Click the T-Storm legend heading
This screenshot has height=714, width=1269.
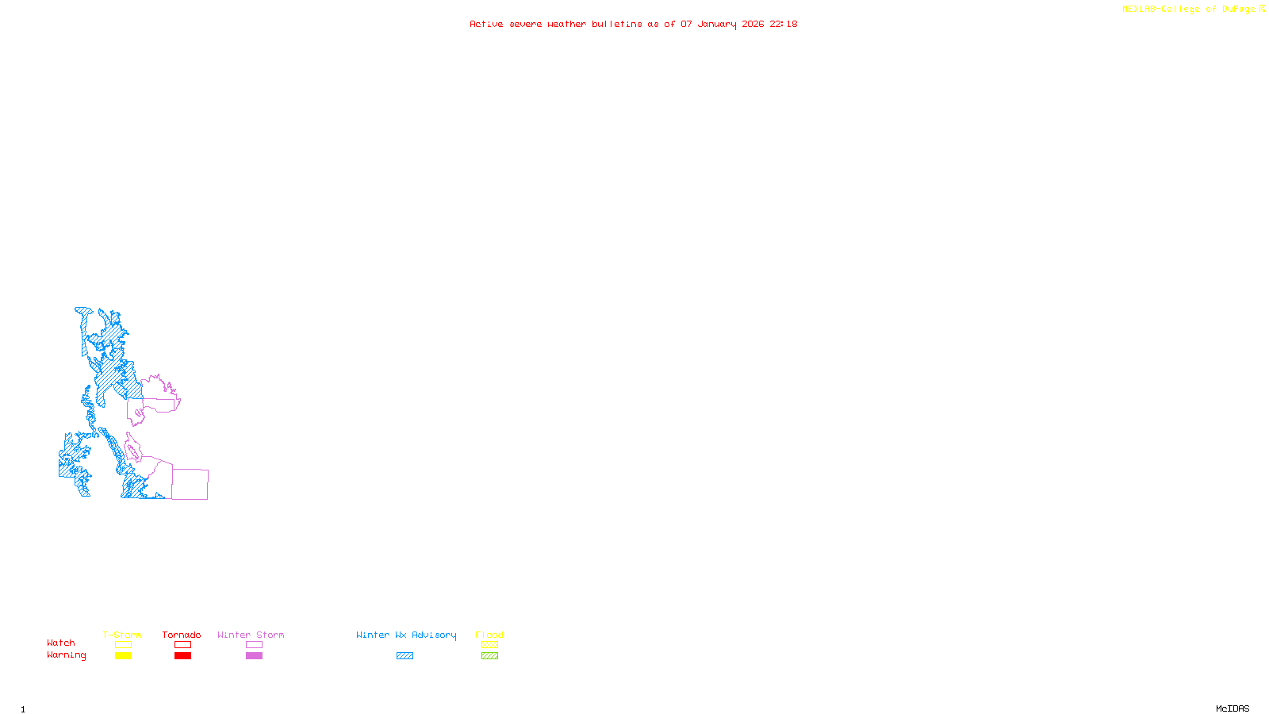pos(122,635)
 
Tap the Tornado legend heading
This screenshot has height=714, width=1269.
pos(182,635)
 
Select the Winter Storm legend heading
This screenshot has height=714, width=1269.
pos(251,635)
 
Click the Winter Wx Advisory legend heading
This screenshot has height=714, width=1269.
pos(406,635)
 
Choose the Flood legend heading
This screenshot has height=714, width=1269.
pos(489,635)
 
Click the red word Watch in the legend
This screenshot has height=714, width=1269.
pos(61,643)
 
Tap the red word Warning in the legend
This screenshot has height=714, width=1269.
pos(66,655)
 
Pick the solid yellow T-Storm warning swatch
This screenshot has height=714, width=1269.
pos(123,656)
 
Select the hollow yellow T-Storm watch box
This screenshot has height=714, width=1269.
pos(123,645)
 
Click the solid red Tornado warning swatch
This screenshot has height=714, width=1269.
pos(182,656)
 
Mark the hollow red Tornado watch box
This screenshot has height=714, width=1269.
pos(182,645)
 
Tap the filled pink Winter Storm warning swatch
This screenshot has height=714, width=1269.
pos(254,656)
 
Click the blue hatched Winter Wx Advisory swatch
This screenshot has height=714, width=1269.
pos(404,656)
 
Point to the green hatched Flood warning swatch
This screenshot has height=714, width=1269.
pos(489,656)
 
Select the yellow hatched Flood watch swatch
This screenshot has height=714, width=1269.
pos(489,645)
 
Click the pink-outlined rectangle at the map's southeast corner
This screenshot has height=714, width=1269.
pos(190,484)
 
